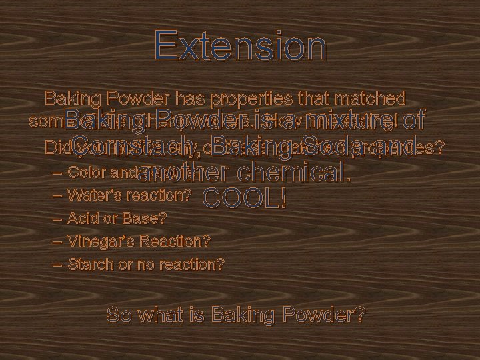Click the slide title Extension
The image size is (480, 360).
pyautogui.click(x=240, y=47)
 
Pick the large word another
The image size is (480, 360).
pyautogui.click(x=185, y=171)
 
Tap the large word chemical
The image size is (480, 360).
pyautogui.click(x=294, y=171)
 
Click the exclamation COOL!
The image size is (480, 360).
pyautogui.click(x=244, y=197)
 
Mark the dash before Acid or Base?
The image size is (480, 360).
pyautogui.click(x=57, y=218)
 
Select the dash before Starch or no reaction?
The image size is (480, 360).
pyautogui.click(x=57, y=264)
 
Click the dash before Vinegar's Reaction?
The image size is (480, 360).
pyautogui.click(x=57, y=241)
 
